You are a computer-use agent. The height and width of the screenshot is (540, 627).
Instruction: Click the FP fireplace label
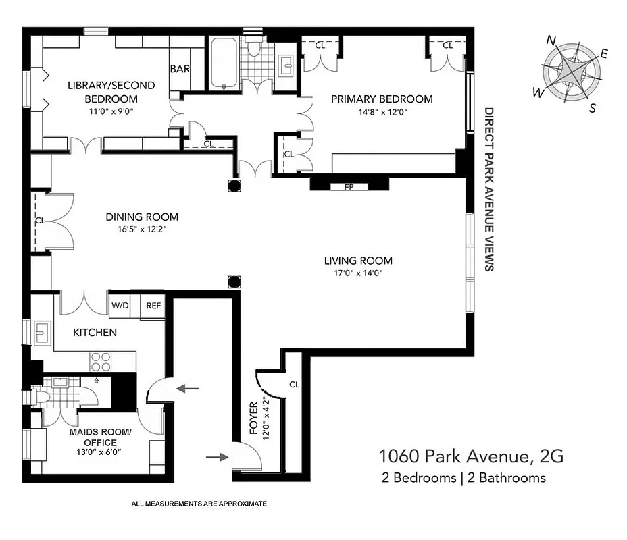349,187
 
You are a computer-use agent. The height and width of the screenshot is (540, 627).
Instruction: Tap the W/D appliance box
120,305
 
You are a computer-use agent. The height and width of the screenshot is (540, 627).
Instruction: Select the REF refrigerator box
153,305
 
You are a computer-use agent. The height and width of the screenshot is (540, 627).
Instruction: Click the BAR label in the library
180,69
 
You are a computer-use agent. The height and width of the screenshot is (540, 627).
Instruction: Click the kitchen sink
41,332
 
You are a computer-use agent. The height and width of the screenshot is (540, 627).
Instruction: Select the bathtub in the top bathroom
223,63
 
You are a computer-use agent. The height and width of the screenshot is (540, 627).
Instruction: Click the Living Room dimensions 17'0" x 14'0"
357,273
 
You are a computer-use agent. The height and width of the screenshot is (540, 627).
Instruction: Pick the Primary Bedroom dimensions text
382,112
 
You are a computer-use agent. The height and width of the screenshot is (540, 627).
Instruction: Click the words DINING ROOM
142,217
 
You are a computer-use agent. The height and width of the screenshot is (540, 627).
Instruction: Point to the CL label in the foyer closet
294,385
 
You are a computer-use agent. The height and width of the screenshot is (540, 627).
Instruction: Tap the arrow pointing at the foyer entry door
216,457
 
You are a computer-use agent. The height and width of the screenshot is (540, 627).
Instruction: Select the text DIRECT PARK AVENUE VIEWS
488,189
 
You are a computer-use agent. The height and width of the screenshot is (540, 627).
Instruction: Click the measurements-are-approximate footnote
199,504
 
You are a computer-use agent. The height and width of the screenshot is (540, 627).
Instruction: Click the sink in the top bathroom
284,65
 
